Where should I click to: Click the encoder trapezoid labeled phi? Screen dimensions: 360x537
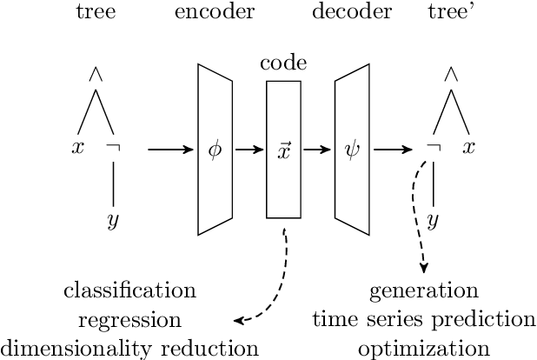click(215, 150)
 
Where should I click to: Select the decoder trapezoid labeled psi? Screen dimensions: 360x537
click(352, 150)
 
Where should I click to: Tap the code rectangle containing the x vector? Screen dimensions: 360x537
click(283, 150)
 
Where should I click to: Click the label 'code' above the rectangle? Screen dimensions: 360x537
click(283, 65)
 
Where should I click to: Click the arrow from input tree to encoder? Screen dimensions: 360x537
click(170, 150)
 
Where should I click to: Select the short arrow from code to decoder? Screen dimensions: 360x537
click(318, 150)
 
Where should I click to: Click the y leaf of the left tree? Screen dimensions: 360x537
click(113, 221)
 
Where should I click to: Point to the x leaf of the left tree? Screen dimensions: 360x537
click(77, 148)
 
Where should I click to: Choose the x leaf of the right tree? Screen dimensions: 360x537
click(469, 148)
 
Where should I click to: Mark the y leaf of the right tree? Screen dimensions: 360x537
click(433, 221)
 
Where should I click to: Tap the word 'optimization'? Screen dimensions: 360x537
click(424, 349)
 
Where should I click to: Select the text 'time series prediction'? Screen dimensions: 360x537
click(424, 319)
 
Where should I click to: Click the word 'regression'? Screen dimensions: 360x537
click(129, 319)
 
